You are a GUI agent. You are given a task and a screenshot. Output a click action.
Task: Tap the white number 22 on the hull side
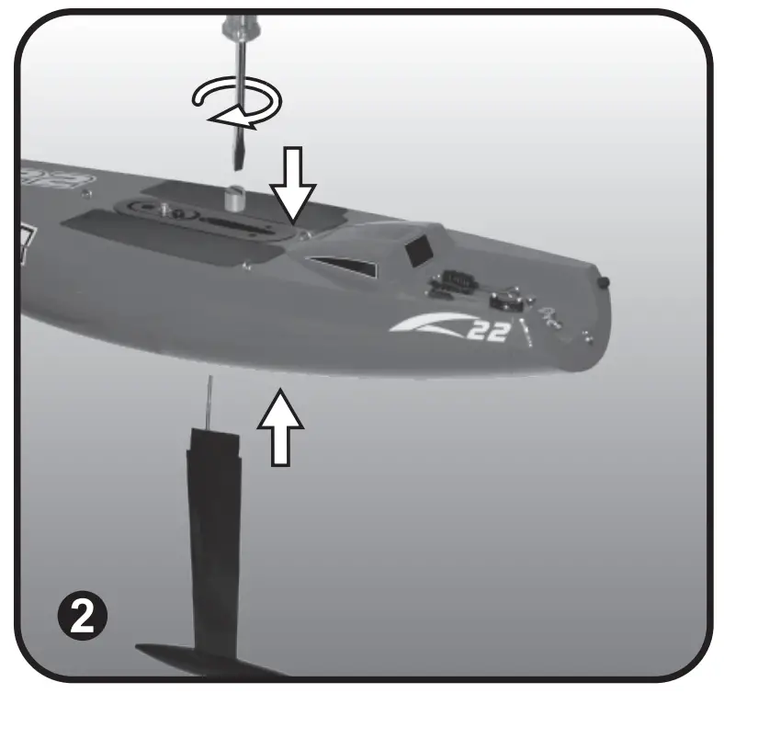tap(486, 330)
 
